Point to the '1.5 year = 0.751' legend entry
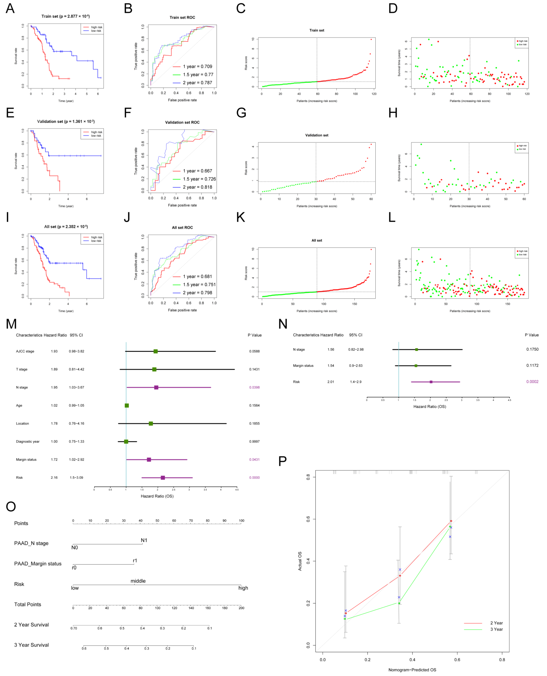coord(199,285)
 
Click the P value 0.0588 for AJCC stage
coord(254,351)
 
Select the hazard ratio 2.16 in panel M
coord(54,478)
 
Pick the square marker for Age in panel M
coord(127,405)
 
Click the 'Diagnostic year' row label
coord(28,442)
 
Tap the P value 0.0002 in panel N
coord(532,382)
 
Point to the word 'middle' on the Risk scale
coord(138,581)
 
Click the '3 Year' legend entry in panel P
coord(496,629)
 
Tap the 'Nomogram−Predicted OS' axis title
coord(412,670)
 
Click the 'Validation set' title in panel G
coord(317,135)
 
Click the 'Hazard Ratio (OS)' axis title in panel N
coord(429,407)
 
